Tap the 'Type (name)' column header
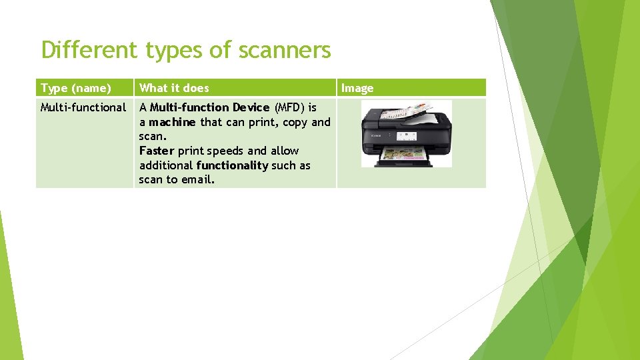point(76,88)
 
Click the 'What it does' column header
point(174,88)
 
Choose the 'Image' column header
point(357,88)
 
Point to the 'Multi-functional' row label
point(83,107)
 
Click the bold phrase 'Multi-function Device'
point(209,107)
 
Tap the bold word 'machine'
point(172,122)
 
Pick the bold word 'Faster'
point(157,151)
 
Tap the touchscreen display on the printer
point(407,136)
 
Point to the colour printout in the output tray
point(405,157)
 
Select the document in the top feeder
point(416,108)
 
